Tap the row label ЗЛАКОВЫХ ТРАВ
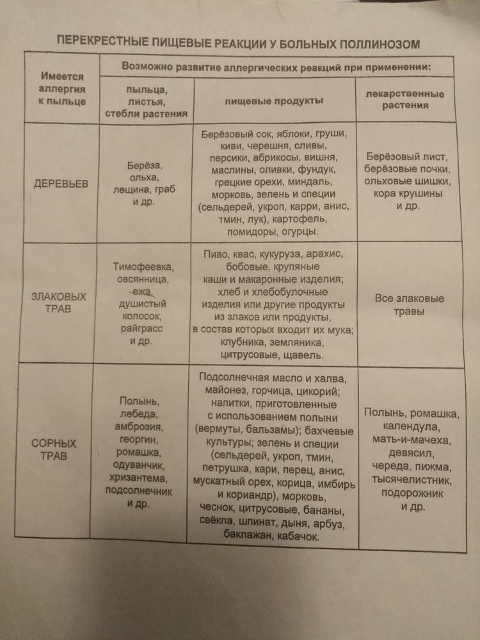[x=60, y=303]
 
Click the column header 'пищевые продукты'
[x=274, y=101]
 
